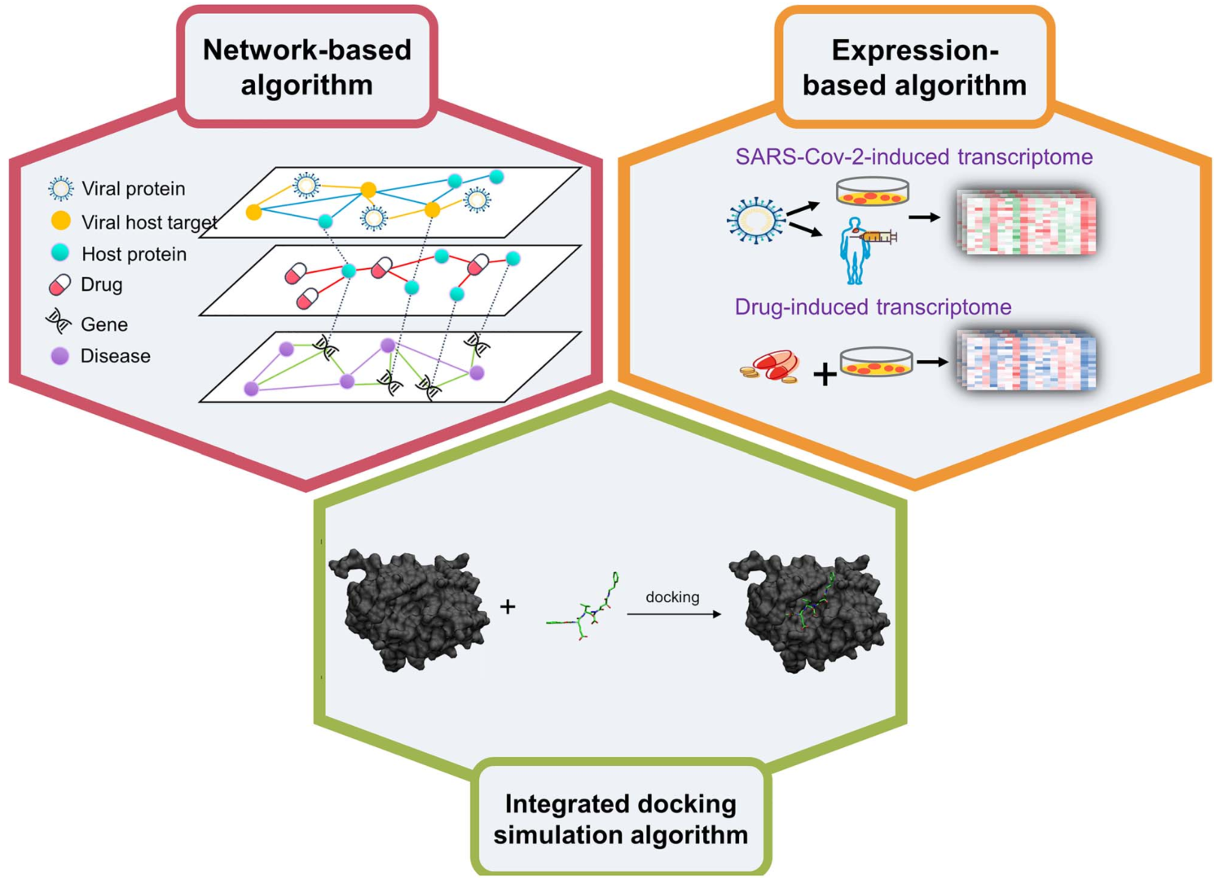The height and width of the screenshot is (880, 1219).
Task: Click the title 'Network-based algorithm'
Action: click(307, 68)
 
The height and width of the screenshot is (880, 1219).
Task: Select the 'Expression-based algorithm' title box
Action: click(914, 68)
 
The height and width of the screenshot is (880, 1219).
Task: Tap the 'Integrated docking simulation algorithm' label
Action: click(620, 819)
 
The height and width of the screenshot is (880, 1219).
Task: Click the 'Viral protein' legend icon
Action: click(61, 188)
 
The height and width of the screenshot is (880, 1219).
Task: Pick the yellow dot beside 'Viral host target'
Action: click(61, 221)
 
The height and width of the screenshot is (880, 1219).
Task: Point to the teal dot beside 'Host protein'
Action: click(60, 253)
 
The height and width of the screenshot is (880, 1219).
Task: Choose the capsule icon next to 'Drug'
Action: click(60, 284)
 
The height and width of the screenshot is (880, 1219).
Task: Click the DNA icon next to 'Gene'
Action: click(59, 322)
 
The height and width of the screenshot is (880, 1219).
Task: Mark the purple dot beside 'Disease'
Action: click(59, 356)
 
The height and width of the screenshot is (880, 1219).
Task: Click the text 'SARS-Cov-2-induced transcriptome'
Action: click(913, 156)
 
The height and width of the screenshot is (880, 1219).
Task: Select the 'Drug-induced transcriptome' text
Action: click(873, 307)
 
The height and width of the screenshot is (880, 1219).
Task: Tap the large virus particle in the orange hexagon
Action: click(756, 220)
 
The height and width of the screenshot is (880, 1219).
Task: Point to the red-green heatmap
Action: click(1028, 222)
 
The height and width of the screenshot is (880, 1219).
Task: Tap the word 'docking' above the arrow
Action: click(672, 597)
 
